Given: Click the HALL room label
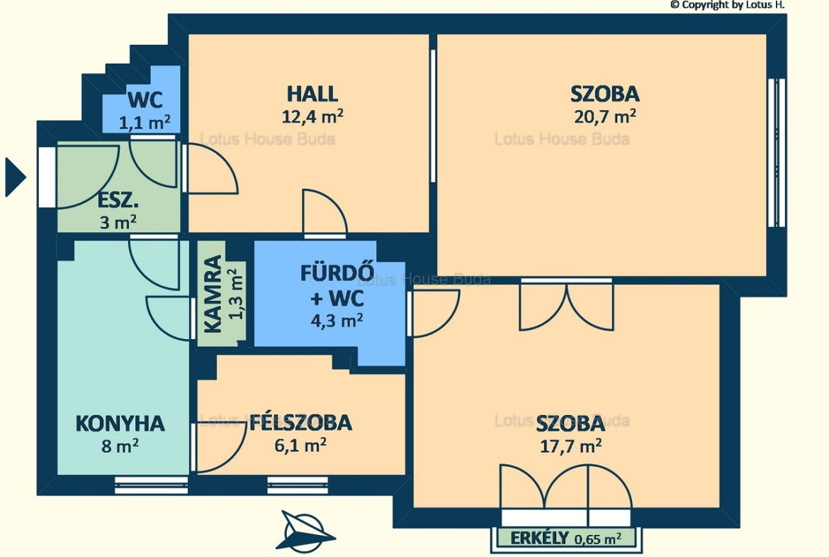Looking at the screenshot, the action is point(312,94).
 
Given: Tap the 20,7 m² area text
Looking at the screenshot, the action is point(605,116).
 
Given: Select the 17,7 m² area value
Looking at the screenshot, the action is point(570,446).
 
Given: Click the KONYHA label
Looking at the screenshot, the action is point(120,424).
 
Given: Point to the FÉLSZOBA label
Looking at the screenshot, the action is point(300,422).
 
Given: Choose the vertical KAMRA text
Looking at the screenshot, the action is point(213,294).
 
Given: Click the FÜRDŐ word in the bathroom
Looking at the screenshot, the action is point(337,272).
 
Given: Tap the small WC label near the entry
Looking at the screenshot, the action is point(145,99).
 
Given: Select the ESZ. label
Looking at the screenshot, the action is point(118,201).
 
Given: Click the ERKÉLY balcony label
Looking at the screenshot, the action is point(539,539).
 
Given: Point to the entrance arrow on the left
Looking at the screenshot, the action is point(16,177).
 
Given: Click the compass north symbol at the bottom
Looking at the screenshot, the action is point(305,530).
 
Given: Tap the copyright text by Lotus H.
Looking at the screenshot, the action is point(728,5).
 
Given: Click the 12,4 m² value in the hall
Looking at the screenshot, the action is point(312,116).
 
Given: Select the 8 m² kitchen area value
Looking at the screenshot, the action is point(120,446).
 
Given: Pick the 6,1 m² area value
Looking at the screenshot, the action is point(300,445).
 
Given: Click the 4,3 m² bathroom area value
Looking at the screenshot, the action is point(337,320).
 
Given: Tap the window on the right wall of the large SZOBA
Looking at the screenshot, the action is point(777,153).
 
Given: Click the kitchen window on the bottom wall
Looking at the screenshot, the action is point(151,485).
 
